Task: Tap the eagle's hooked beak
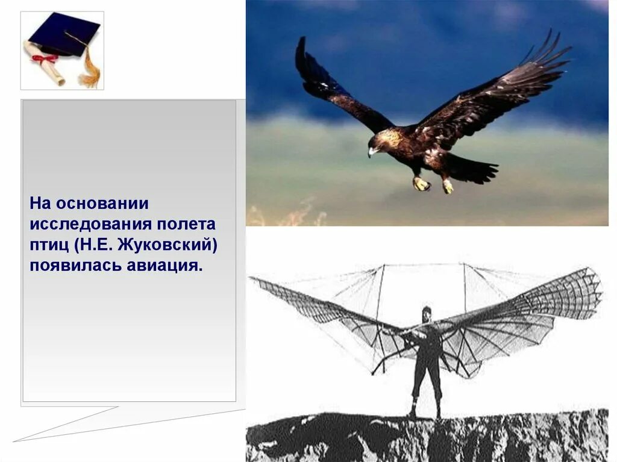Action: coord(372,152)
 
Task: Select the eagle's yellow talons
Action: coord(422,184)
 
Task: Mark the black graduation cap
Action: coord(63,34)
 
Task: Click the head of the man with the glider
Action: coord(427,314)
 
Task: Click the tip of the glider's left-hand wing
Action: coord(253,279)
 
